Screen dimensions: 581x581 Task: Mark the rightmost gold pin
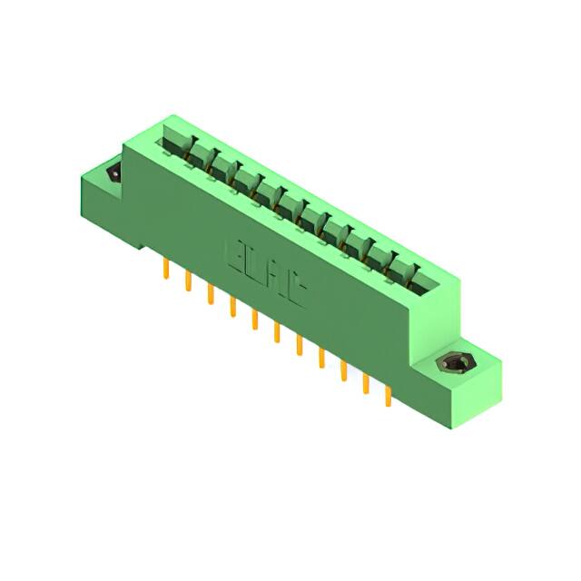point(388,394)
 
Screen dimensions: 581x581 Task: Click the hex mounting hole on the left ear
point(113,173)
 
